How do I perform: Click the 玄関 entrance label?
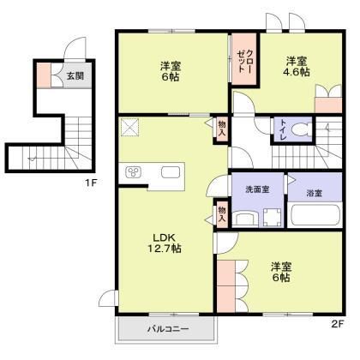tap(75, 76)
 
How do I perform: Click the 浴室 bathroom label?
tap(314, 189)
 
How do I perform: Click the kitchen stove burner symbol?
tap(135, 173)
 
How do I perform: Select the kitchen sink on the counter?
tap(169, 173)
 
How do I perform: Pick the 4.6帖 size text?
tap(297, 74)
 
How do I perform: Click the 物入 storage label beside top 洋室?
tap(221, 129)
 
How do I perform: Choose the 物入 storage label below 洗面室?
tap(221, 213)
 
